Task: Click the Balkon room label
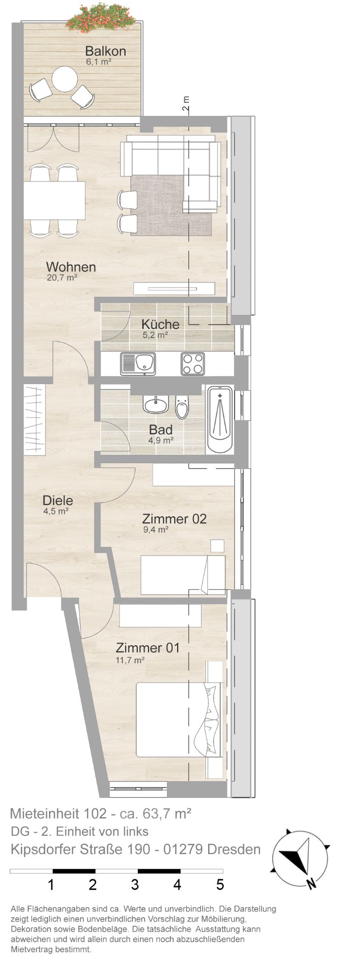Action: point(105,51)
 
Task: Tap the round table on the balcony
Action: point(65,79)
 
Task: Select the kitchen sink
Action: point(138,364)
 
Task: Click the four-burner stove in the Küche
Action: point(193,364)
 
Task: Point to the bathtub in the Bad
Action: point(220,420)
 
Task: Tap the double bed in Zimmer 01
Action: point(178,719)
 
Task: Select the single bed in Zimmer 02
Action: point(183,575)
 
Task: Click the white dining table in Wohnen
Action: point(54,200)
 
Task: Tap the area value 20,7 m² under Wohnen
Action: point(61,278)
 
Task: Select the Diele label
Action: point(58,501)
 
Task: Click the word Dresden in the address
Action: point(234,849)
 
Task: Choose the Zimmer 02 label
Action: point(174,519)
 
